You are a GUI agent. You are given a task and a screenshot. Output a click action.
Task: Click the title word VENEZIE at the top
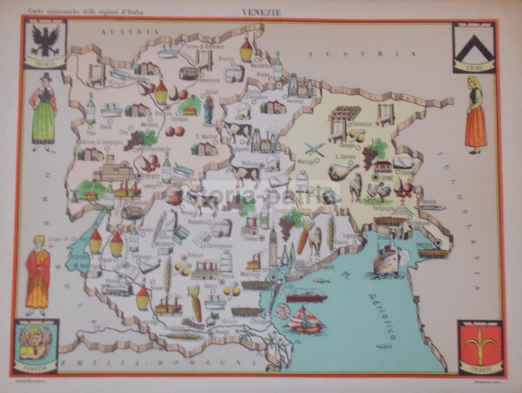(261, 12)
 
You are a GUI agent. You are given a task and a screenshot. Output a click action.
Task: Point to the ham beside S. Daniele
(342, 171)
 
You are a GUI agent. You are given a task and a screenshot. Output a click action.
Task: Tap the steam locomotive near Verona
(117, 289)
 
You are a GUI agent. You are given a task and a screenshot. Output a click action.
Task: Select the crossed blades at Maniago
(314, 149)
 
